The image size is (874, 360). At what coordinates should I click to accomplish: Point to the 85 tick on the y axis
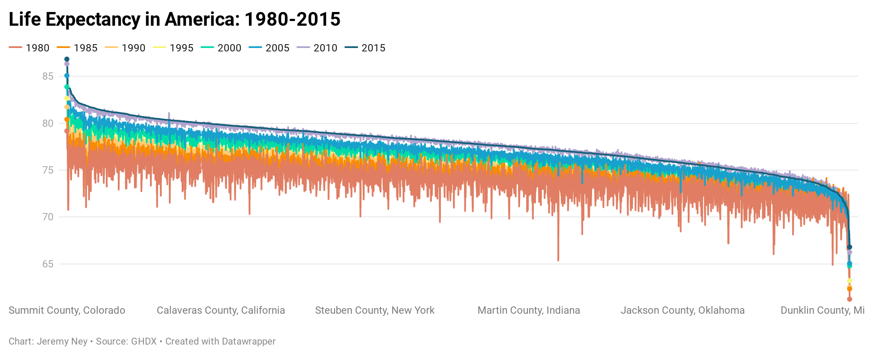[x=48, y=76]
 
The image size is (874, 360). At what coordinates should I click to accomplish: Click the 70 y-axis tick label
[x=48, y=217]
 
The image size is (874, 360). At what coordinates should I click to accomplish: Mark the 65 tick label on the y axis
[x=48, y=264]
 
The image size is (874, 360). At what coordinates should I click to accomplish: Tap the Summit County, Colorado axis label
[x=67, y=310]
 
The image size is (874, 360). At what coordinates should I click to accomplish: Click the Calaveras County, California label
[x=221, y=310]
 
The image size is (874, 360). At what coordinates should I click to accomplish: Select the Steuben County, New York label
[x=375, y=310]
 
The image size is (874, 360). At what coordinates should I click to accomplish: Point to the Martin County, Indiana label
[x=529, y=310]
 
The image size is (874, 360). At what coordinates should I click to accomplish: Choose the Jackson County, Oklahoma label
[x=682, y=310]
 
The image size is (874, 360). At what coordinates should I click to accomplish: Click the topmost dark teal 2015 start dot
[x=67, y=59]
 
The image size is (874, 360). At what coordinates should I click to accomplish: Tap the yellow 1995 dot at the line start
[x=67, y=99]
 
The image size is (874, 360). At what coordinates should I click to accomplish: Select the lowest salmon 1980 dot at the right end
[x=850, y=299]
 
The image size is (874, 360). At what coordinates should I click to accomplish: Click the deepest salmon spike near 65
[x=558, y=259]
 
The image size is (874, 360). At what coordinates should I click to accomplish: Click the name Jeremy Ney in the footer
[x=62, y=342]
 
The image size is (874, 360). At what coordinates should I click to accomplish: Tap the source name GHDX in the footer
[x=144, y=342]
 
